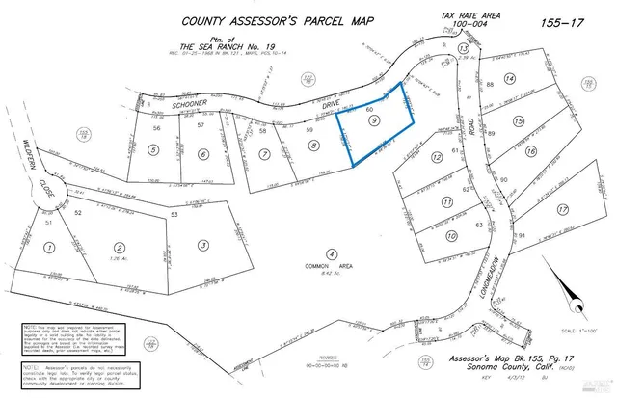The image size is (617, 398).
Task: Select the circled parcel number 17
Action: [x=562, y=208]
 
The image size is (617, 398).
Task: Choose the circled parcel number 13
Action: [x=463, y=47]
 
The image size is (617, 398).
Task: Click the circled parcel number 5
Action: [x=153, y=150]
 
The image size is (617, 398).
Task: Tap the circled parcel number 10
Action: [x=451, y=237]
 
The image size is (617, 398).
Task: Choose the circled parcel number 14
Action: [x=511, y=78]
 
